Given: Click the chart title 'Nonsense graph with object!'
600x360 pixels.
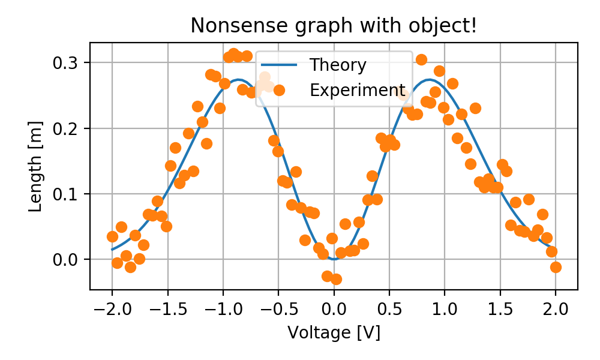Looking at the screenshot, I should click(334, 26).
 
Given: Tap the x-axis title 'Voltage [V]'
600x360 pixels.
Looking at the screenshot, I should click(334, 332).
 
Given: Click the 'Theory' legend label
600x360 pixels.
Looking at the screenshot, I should click(338, 64).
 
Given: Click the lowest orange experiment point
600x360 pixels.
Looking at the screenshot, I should click(336, 279).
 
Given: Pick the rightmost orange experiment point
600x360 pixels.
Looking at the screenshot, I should click(556, 267).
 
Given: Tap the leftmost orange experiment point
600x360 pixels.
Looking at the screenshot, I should click(112, 236).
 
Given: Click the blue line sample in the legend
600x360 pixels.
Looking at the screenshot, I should click(280, 64).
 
